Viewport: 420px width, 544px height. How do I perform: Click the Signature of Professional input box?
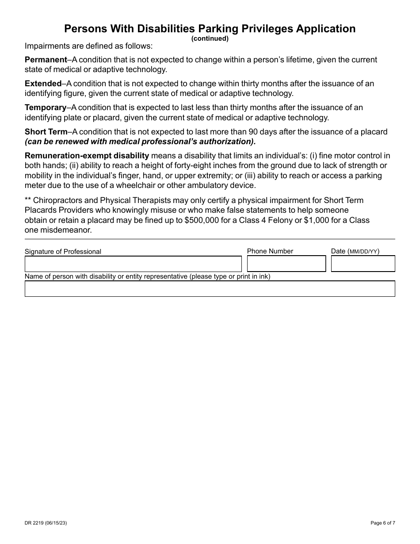(133, 264)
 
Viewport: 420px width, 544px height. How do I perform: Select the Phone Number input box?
(286, 264)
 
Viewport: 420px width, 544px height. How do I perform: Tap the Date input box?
(363, 264)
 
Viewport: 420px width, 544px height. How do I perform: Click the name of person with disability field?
(210, 288)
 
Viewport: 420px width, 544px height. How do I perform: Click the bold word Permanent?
(46, 60)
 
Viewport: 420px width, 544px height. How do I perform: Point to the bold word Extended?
(43, 84)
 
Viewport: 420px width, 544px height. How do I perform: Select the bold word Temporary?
(45, 107)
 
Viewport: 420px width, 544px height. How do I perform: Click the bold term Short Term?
(46, 132)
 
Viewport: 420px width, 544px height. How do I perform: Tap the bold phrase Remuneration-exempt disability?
(87, 156)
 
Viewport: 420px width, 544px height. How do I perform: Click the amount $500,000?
(202, 220)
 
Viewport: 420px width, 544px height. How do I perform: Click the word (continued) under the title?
(210, 38)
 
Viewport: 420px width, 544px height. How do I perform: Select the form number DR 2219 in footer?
(35, 523)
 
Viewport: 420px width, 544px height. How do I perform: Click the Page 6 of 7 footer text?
(383, 523)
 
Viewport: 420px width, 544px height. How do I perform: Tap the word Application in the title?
(327, 29)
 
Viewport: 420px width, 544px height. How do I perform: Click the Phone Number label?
(270, 251)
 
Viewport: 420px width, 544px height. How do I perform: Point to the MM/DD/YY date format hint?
(364, 252)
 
